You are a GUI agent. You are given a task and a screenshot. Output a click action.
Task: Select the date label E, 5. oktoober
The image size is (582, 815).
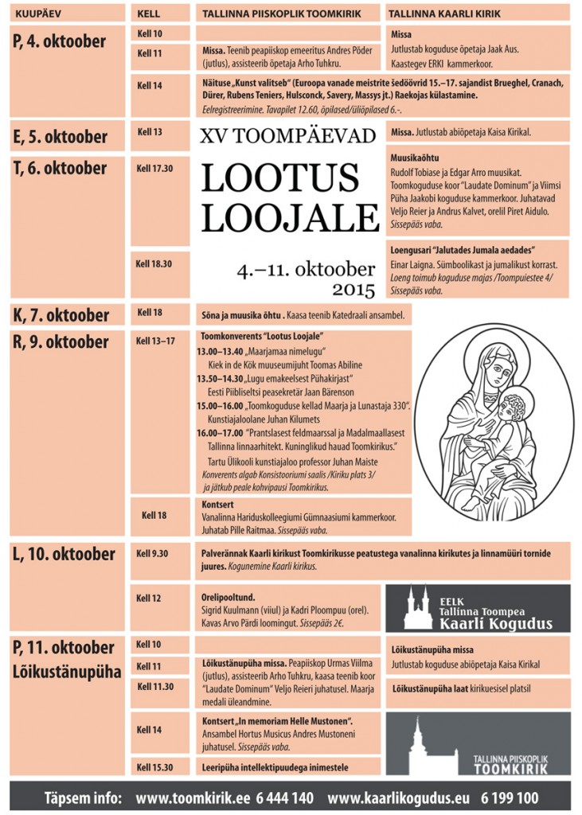[x=60, y=137]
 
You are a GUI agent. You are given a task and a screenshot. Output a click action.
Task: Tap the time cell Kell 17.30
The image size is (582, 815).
[x=154, y=169]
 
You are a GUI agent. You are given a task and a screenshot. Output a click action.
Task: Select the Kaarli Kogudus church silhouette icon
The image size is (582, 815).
[x=418, y=608]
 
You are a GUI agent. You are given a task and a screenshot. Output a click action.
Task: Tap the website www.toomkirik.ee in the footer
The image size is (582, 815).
[x=186, y=797]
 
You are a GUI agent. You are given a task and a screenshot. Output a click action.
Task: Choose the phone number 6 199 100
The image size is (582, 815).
[x=510, y=797]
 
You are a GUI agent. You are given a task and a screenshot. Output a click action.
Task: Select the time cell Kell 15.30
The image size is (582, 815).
[x=154, y=766]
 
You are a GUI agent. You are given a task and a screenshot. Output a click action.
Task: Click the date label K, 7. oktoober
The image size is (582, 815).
[x=61, y=314]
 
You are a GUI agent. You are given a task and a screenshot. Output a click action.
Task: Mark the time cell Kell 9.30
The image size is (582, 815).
[x=153, y=552]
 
